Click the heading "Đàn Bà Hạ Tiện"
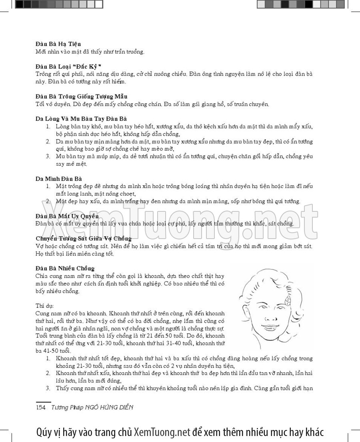pyautogui.click(x=58, y=44)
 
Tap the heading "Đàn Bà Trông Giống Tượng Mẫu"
pyautogui.click(x=82, y=96)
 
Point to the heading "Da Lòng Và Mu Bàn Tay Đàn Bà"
pyautogui.click(x=81, y=119)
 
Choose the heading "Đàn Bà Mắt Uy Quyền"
pyautogui.click(x=67, y=216)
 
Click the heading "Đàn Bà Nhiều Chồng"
pyautogui.click(x=65, y=268)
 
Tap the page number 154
pyautogui.click(x=41, y=407)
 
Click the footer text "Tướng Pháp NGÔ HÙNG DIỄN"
pyautogui.click(x=92, y=407)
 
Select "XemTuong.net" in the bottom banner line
pyautogui.click(x=162, y=432)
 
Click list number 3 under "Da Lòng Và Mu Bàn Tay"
pyautogui.click(x=48, y=157)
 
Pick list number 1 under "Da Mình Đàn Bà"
pyautogui.click(x=48, y=187)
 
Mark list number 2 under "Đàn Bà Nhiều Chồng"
pyautogui.click(x=48, y=373)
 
